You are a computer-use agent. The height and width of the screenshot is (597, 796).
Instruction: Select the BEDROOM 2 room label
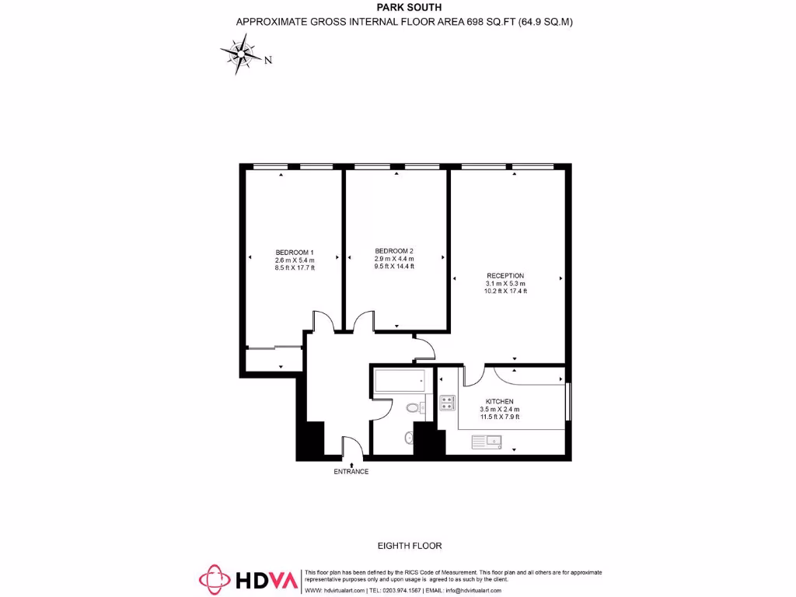pos(394,250)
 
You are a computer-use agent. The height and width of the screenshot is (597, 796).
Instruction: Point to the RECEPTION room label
pos(505,276)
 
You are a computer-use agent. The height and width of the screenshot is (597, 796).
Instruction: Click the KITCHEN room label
pos(500,401)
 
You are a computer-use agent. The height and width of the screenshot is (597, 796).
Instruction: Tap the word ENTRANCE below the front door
pos(351,472)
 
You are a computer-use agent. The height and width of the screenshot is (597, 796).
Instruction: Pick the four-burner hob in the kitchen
pos(448,402)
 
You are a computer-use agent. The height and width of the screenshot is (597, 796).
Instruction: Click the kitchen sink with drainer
pos(487,442)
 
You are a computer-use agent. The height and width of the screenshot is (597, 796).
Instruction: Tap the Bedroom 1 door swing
pos(322,321)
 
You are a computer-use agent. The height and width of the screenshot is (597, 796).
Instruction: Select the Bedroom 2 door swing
pos(362,322)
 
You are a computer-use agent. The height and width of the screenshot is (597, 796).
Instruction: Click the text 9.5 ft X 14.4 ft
pos(394,266)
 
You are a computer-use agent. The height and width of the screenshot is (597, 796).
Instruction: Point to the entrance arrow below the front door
pos(351,463)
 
